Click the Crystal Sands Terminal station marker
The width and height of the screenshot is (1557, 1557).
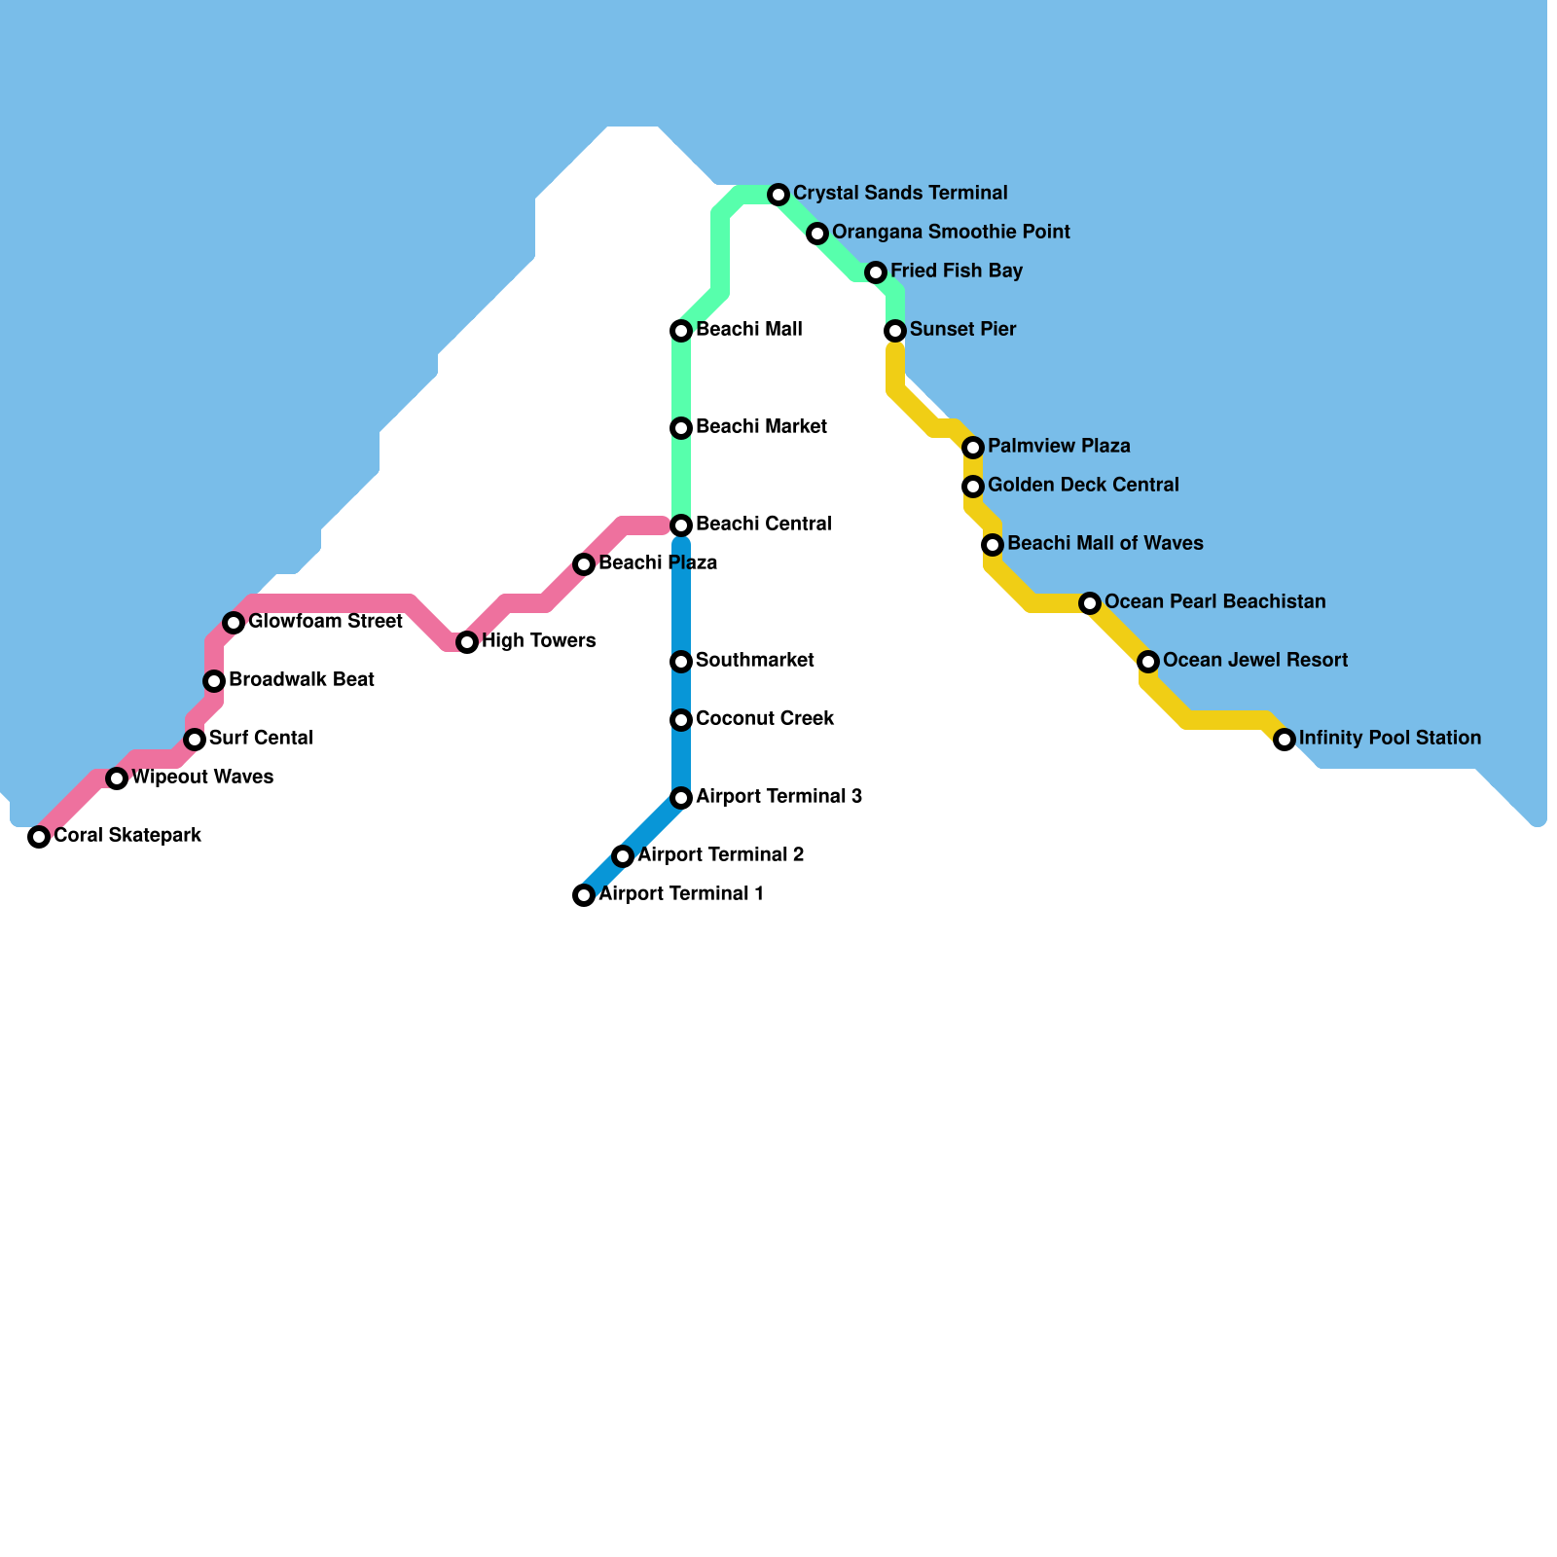tap(778, 195)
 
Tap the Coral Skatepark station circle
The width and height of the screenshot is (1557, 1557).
tap(39, 837)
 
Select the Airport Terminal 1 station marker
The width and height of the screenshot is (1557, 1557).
tap(584, 895)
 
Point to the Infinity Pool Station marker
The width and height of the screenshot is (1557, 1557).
tap(1285, 740)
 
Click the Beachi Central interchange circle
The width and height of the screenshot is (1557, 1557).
tap(681, 525)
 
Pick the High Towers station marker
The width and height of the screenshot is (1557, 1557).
tap(467, 642)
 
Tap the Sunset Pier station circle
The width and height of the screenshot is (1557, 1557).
tap(895, 331)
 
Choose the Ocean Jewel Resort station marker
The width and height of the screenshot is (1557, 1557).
tap(1148, 662)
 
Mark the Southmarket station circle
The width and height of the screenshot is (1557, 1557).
tap(681, 662)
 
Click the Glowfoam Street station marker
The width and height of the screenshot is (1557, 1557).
tap(234, 623)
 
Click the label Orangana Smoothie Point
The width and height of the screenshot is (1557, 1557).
tap(951, 233)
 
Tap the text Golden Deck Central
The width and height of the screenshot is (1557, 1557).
tap(1083, 486)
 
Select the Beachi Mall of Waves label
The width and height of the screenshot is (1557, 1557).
tap(1105, 544)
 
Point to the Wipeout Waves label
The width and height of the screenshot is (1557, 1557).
tap(202, 778)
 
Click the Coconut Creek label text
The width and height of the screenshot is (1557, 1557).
tap(765, 719)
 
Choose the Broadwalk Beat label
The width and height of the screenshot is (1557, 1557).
tap(302, 680)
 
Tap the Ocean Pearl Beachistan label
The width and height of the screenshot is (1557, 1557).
tap(1215, 602)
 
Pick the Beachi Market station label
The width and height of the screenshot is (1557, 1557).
tap(761, 427)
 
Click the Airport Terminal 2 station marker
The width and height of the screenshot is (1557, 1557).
tap(623, 856)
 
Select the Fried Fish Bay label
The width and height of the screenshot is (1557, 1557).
tap(957, 272)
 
